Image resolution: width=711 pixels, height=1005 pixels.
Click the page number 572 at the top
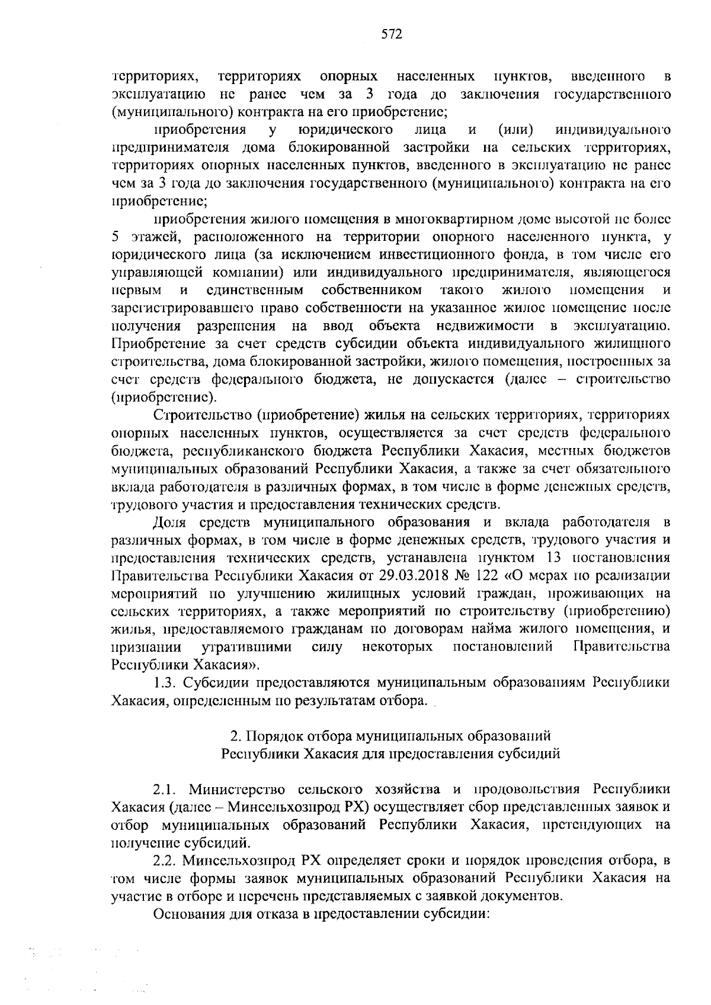[392, 35]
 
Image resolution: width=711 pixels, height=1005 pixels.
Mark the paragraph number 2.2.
[165, 859]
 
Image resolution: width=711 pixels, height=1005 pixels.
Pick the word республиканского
[238, 450]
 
